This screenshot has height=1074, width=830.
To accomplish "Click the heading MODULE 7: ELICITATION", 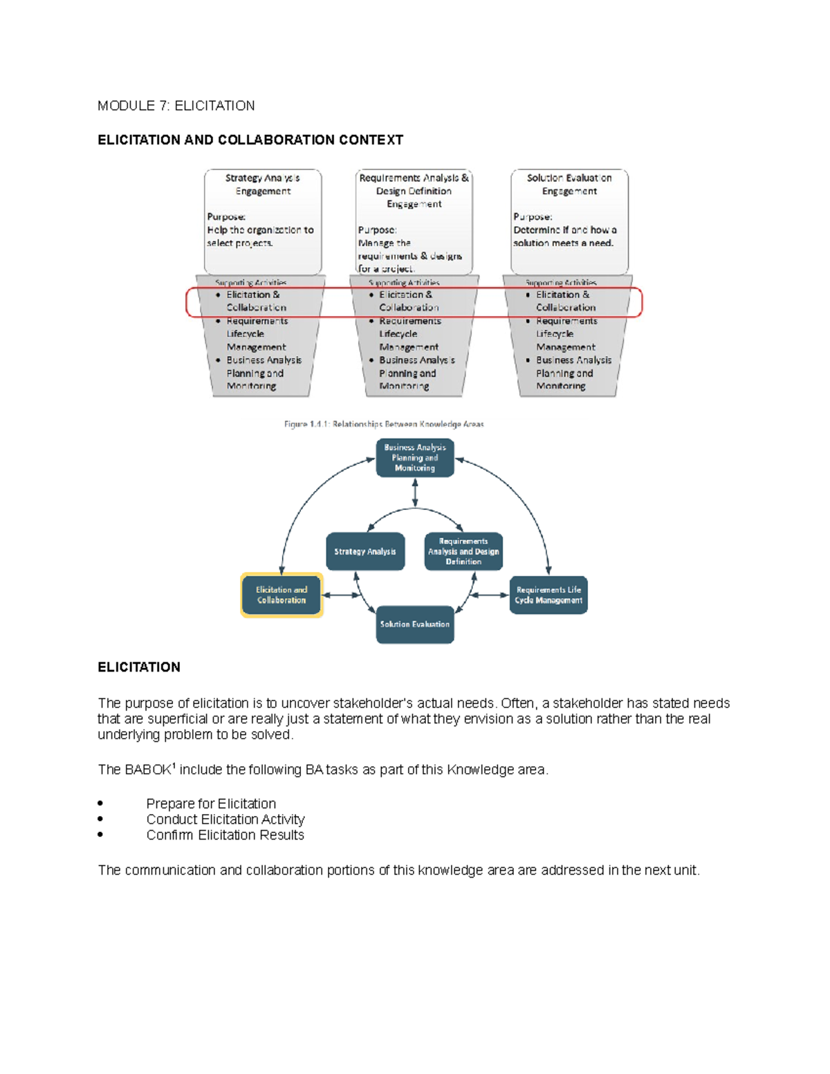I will point(176,106).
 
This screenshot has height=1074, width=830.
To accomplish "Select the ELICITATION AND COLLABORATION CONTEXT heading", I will point(250,140).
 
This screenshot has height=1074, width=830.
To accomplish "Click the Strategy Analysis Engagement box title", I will point(263,185).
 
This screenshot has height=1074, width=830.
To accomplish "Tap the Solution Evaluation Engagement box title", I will point(569,185).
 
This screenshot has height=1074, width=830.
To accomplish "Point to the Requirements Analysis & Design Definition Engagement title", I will point(414,191).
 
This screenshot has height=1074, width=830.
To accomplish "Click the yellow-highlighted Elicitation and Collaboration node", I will point(282,595).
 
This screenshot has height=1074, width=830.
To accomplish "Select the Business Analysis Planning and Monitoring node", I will point(415,458).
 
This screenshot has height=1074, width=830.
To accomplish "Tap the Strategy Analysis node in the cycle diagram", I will point(365,551).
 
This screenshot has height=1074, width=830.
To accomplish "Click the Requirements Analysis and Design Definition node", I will point(463,551).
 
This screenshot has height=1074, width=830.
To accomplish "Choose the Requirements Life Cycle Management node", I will point(548,595).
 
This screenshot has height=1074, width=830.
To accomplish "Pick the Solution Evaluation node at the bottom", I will point(415,624).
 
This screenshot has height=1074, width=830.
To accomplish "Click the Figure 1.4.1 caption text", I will point(384,424).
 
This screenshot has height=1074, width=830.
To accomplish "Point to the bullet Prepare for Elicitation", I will point(211,804).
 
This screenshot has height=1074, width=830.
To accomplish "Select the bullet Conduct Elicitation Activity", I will point(225,820).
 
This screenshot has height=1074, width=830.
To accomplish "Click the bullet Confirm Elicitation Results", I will point(225,835).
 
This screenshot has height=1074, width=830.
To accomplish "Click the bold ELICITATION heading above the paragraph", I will point(139,667).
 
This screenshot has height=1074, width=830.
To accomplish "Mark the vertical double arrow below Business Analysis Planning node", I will point(415,492).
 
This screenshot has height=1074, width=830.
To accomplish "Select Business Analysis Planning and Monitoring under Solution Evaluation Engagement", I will point(573,373).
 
